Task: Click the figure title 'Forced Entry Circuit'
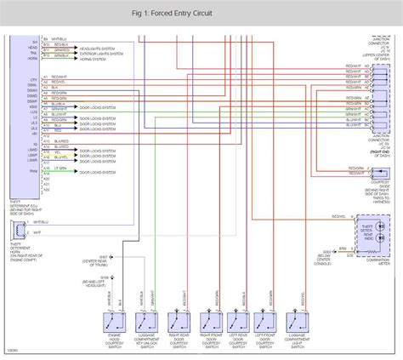click(201, 13)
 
